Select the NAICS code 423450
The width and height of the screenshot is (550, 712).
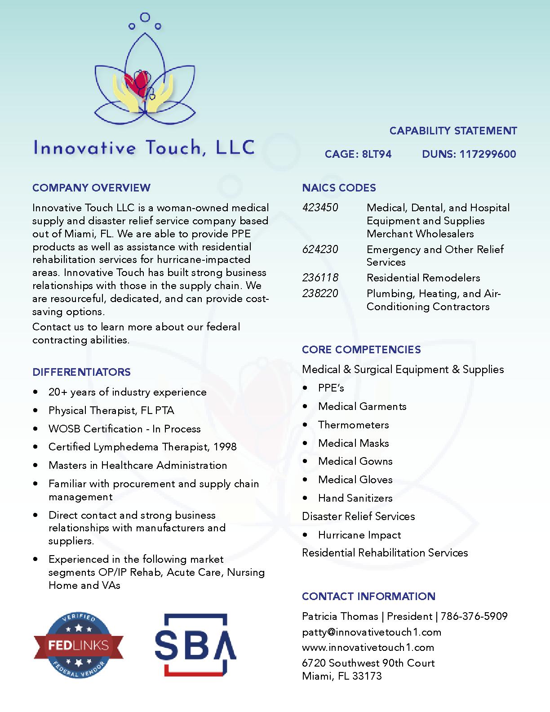[320, 208]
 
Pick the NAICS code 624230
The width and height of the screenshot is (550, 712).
[320, 249]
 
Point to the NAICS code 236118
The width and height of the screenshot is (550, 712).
[320, 278]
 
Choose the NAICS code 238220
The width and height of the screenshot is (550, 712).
[320, 294]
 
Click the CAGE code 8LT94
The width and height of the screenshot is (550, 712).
[377, 154]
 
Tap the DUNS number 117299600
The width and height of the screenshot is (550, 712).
[488, 154]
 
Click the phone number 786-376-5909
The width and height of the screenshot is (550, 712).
[474, 616]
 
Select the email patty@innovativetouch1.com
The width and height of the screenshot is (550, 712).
[372, 632]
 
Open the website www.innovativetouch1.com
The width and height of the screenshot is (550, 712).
[368, 647]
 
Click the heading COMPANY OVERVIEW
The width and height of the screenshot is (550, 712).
[91, 187]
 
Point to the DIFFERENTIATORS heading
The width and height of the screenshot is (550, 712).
[81, 372]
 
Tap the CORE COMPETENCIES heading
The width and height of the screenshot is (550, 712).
[361, 349]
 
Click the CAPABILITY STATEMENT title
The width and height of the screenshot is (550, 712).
[453, 131]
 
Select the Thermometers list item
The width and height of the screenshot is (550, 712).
[353, 425]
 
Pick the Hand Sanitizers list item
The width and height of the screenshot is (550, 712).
[355, 498]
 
